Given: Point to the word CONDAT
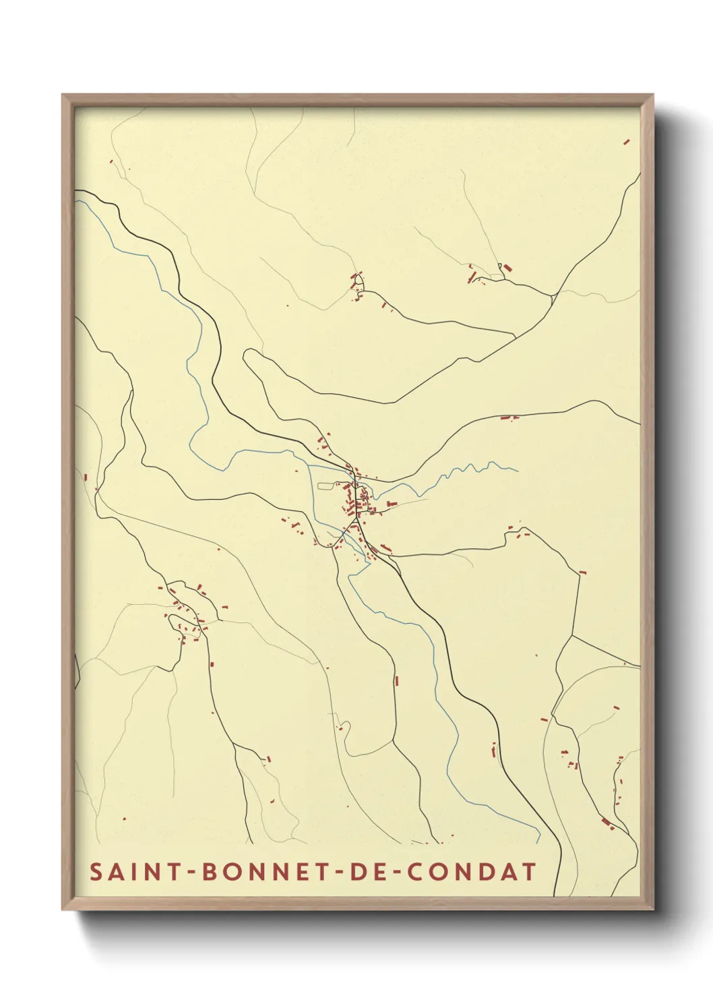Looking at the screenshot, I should (x=472, y=871).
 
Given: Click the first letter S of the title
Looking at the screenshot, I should (x=96, y=871).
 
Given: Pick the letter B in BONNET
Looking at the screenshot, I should (x=208, y=871).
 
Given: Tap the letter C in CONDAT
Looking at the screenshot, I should (x=418, y=871).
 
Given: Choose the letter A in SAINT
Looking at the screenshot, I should (x=115, y=871).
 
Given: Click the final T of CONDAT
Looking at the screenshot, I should (x=529, y=871).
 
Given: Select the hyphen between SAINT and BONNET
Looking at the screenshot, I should (x=191, y=872).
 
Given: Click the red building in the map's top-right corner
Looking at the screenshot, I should (x=627, y=142).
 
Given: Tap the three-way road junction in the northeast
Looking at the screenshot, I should (x=552, y=295).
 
